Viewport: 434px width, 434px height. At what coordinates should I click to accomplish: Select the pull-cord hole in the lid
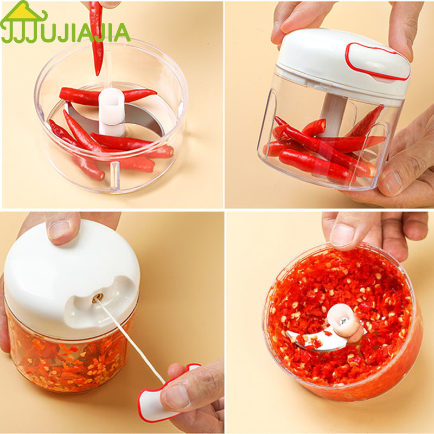click(98, 298)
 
